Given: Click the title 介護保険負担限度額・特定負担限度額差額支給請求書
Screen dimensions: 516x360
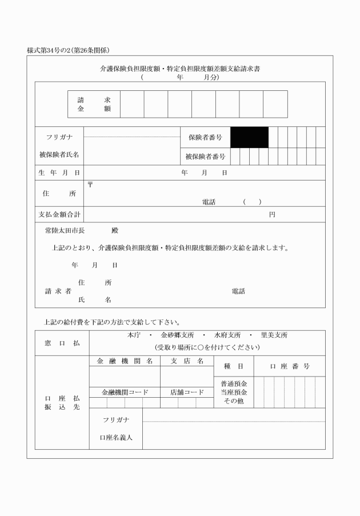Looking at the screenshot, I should pos(180,69).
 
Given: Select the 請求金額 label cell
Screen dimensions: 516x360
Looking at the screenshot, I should pos(94,104).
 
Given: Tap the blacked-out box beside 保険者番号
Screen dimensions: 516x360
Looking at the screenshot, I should pos(249,137).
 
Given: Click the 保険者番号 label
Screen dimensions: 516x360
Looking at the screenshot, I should pos(205,138).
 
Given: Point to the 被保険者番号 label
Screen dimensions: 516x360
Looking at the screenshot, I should pos(205,155).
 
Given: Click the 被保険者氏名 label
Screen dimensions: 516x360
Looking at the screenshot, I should pos(59,154).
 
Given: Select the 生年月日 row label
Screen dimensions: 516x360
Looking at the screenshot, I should pos(59,173).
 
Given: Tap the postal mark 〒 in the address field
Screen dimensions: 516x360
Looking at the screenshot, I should pos(90,184).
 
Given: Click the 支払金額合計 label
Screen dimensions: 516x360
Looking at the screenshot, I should pos(59,214).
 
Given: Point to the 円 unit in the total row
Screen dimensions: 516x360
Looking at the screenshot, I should pos(273,214).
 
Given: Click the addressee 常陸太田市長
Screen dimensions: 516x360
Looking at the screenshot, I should pos(65,231).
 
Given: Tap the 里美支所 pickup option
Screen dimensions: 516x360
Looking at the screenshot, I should pos(274,335).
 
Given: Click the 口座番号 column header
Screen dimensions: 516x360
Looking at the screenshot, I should pos(290,366).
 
